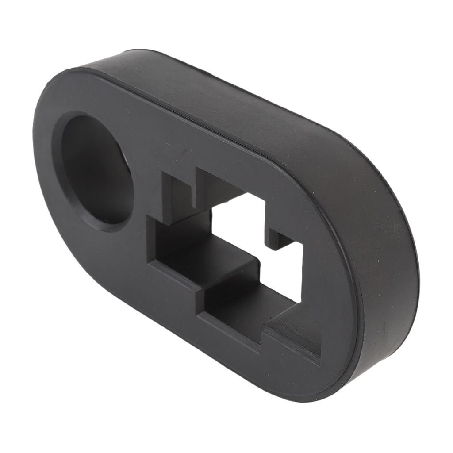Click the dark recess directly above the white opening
[217, 186]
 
